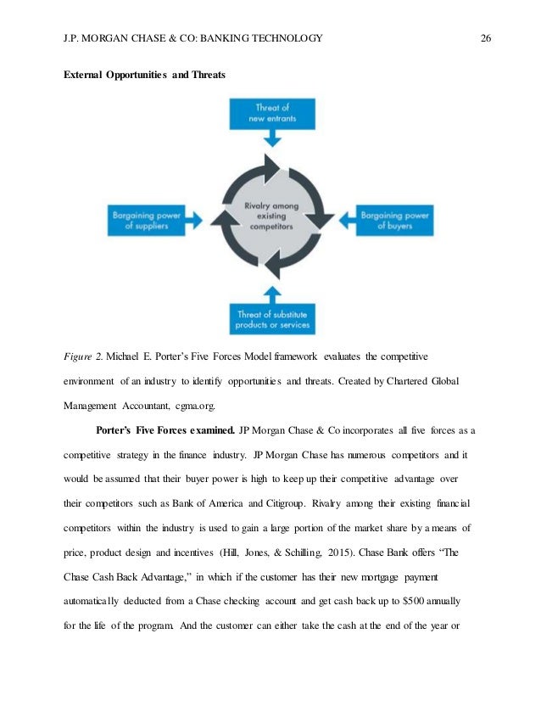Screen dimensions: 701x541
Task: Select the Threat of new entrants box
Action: (272, 113)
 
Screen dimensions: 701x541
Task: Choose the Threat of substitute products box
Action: (272, 319)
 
